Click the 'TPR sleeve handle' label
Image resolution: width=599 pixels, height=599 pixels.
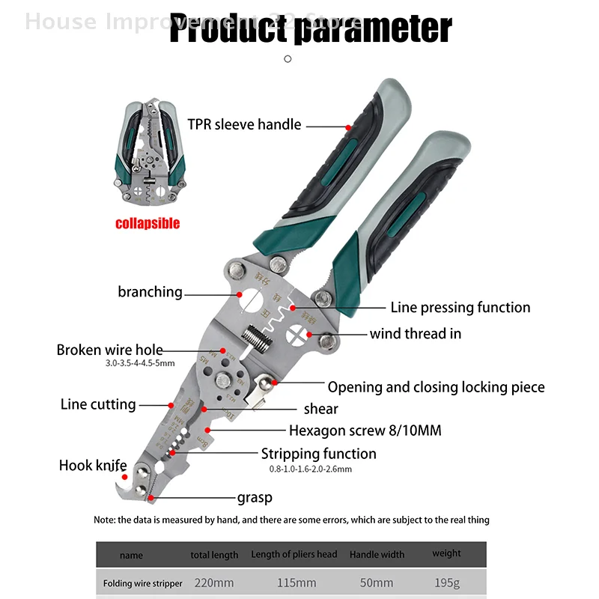244,124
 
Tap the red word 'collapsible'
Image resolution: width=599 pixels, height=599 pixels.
148,223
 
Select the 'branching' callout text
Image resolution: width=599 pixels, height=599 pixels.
150,292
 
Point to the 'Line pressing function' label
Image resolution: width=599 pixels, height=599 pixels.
460,308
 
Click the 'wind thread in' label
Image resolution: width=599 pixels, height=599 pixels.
415,333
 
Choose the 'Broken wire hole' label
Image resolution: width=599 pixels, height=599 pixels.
109,350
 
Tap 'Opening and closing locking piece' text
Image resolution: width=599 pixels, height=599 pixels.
436,387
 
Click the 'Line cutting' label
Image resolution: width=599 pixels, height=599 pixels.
98,404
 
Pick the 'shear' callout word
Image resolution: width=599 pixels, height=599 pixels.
320,409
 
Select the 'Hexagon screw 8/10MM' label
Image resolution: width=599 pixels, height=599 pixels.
365,431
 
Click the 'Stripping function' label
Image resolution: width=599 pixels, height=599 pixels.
318,454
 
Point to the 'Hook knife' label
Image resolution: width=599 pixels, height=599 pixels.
93,466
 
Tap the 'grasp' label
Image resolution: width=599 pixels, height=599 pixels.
255,497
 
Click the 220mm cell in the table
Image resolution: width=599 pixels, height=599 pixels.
214,583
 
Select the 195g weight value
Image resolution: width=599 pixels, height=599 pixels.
447,583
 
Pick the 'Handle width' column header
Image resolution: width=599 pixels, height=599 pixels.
377,555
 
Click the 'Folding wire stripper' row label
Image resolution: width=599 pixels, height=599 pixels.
142,583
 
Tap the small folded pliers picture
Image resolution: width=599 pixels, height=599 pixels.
148,153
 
